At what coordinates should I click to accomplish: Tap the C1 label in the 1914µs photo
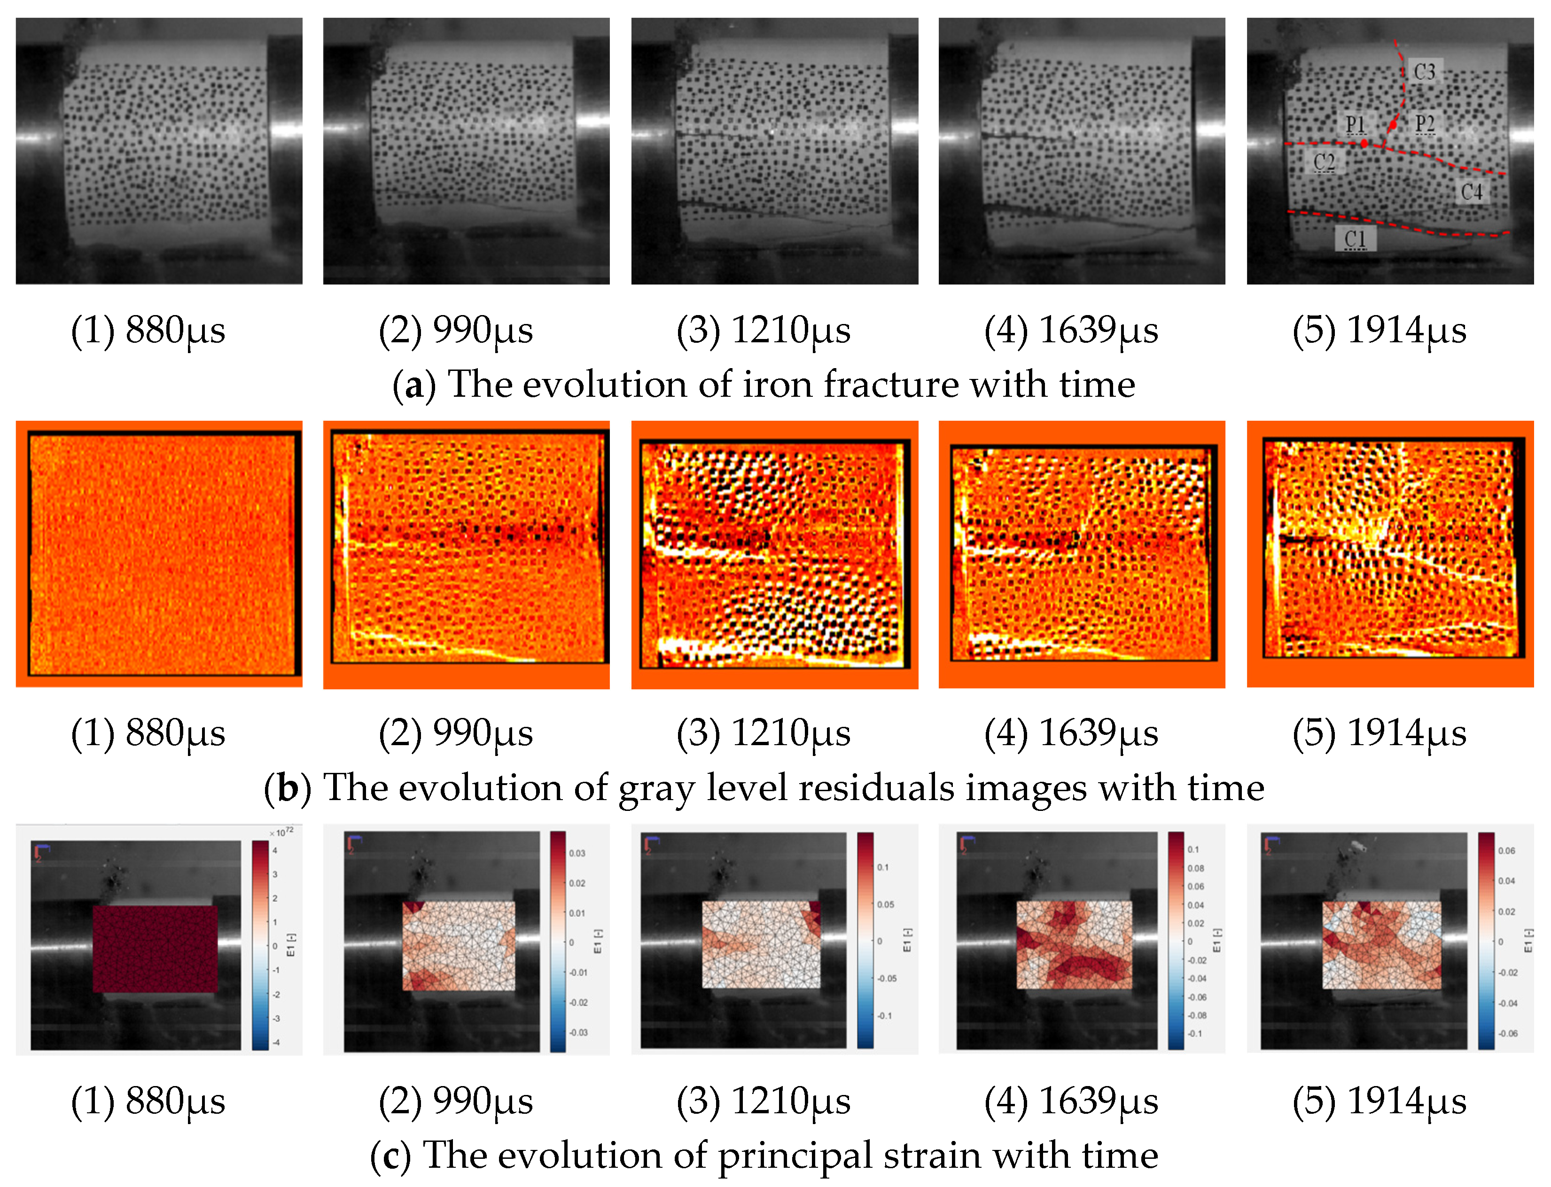click(1355, 239)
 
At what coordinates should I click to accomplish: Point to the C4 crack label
click(1471, 192)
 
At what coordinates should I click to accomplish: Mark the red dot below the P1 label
click(1364, 143)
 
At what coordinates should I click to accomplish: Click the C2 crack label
click(1324, 162)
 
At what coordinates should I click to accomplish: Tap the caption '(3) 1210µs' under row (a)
click(764, 330)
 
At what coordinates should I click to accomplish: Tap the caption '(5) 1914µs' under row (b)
click(1379, 732)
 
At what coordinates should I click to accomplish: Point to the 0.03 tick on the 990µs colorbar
click(577, 853)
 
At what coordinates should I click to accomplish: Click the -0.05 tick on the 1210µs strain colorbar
click(887, 979)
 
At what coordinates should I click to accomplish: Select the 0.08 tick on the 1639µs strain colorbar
click(1195, 868)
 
